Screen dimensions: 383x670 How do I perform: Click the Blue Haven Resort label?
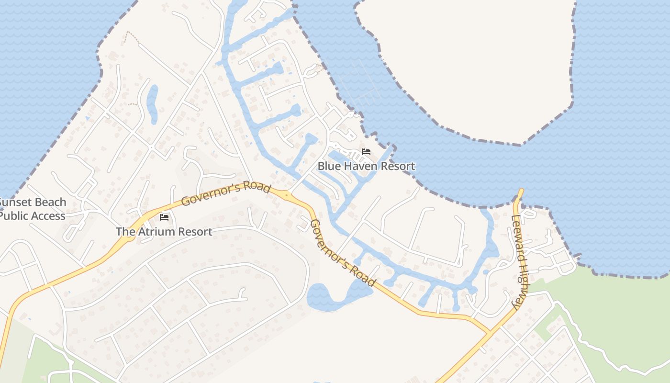pyautogui.click(x=366, y=166)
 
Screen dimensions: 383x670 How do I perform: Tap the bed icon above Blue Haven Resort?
pyautogui.click(x=366, y=152)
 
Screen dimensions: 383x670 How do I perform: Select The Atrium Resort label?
pyautogui.click(x=164, y=232)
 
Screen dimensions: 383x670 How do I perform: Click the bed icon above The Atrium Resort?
pyautogui.click(x=164, y=218)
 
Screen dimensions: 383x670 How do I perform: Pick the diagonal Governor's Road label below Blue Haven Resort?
pyautogui.click(x=343, y=253)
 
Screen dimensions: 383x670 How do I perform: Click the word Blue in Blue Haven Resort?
pyautogui.click(x=328, y=166)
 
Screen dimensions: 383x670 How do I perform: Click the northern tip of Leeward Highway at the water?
pyautogui.click(x=520, y=191)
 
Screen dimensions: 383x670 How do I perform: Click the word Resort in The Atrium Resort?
pyautogui.click(x=194, y=232)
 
